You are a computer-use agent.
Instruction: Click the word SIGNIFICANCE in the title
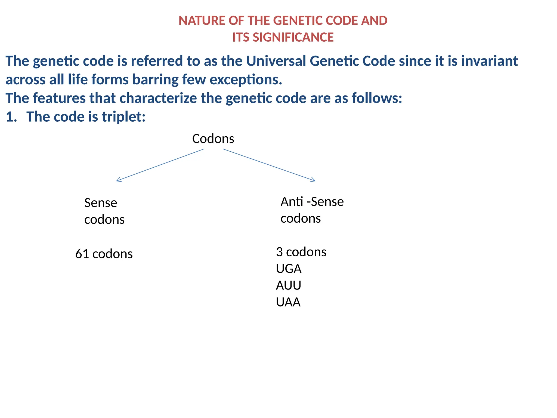point(293,38)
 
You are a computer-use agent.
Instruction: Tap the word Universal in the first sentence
point(276,61)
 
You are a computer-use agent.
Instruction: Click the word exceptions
point(246,80)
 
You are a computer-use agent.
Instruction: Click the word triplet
point(123,117)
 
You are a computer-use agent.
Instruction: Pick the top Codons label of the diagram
point(213,139)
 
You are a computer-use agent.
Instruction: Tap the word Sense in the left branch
point(101,203)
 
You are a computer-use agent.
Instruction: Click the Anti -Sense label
point(312,202)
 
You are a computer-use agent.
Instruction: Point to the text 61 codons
point(104,254)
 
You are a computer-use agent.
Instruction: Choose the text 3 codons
point(301,252)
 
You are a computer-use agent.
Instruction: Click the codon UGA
point(289,269)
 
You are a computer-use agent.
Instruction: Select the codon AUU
point(289,285)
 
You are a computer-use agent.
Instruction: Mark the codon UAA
point(288,302)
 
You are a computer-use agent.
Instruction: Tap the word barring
point(155,80)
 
